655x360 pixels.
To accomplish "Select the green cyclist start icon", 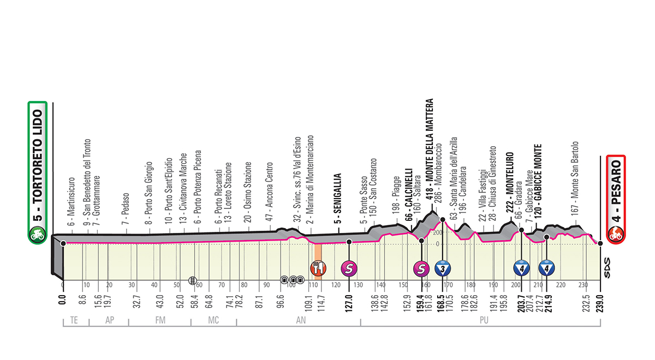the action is pyautogui.click(x=38, y=235).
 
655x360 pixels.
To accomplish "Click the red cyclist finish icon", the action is pyautogui.click(x=616, y=234).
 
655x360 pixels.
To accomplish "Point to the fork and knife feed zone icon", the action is pyautogui.click(x=318, y=268).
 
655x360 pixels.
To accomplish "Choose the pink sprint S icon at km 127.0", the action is pyautogui.click(x=349, y=268).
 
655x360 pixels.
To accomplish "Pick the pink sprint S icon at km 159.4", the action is pyautogui.click(x=421, y=268).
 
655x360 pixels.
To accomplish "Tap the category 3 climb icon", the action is pyautogui.click(x=443, y=268).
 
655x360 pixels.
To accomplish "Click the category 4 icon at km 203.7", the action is pyautogui.click(x=521, y=268).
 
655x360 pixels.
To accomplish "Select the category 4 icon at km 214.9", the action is pyautogui.click(x=546, y=268).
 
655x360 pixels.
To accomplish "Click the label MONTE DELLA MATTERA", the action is pyautogui.click(x=429, y=149).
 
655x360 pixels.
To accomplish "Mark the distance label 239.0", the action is pyautogui.click(x=600, y=304).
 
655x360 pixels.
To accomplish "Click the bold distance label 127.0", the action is pyautogui.click(x=349, y=304).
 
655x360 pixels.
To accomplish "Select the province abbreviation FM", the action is pyautogui.click(x=160, y=320).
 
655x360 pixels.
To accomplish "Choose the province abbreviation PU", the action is pyautogui.click(x=484, y=320).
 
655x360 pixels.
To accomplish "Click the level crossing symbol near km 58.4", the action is pyautogui.click(x=192, y=280).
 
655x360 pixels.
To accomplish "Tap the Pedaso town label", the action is pyautogui.click(x=126, y=208).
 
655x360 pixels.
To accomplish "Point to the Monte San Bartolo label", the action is pyautogui.click(x=575, y=178).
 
